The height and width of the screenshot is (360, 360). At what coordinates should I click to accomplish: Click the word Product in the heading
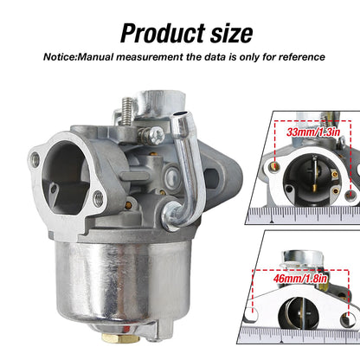(163, 33)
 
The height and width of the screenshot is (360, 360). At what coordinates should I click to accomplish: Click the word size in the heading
(232, 33)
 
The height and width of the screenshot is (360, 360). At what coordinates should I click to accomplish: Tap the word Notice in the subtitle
(59, 57)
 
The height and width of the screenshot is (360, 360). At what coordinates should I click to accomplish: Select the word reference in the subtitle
(302, 57)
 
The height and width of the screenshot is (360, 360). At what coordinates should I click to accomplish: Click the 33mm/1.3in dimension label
(313, 132)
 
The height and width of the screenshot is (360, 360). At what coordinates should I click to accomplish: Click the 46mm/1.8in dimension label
(300, 279)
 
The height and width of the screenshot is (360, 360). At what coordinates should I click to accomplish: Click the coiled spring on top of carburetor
(127, 111)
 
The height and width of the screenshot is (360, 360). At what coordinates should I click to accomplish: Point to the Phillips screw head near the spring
(157, 135)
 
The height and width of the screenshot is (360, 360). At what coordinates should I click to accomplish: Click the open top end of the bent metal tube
(179, 114)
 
